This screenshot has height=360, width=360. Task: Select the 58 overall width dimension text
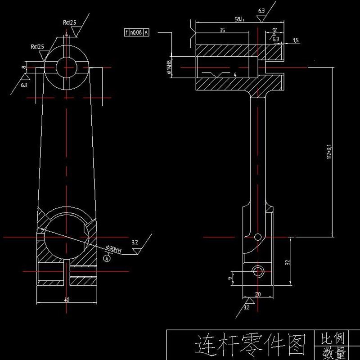pos(239,19)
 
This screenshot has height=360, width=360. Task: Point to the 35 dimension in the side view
pos(222,31)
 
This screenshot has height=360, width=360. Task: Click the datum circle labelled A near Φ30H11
pos(107,259)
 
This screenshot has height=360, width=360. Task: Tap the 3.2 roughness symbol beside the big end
pos(135,243)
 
